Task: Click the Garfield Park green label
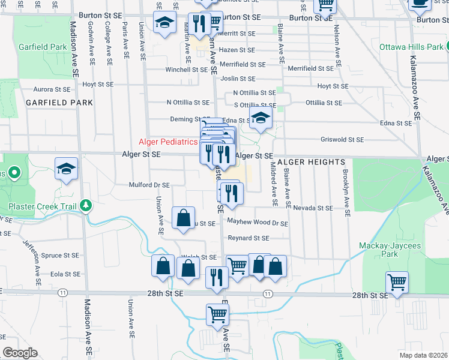41,46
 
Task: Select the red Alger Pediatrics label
168,142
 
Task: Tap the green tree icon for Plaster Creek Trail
86,206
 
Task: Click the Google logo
20,353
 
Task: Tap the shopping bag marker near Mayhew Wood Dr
183,219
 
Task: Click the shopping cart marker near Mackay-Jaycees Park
397,281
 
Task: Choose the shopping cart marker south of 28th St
217,314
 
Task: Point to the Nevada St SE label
313,208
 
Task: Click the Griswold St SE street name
343,139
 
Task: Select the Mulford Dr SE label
149,185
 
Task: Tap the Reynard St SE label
248,238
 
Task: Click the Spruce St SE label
60,256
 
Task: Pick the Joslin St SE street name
238,79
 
